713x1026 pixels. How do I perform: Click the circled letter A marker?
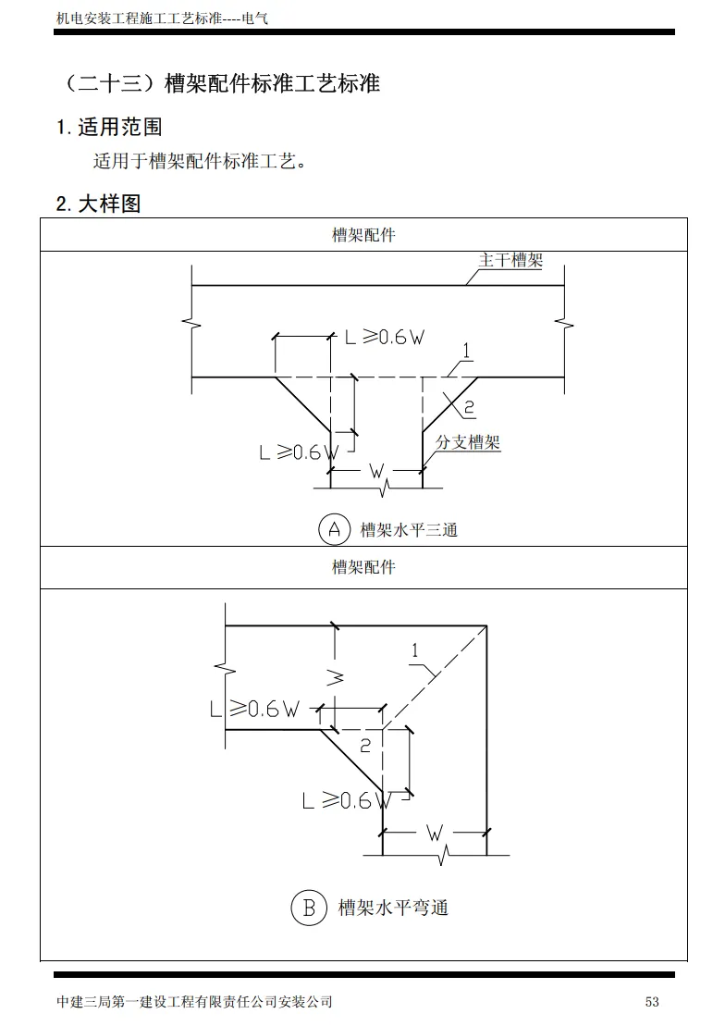(x=334, y=529)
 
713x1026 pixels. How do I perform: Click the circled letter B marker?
(x=308, y=908)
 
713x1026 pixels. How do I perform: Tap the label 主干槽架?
(x=510, y=260)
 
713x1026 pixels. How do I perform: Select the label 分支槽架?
(x=468, y=442)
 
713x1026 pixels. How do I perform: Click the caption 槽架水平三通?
(x=409, y=530)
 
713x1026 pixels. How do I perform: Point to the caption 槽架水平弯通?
(x=393, y=908)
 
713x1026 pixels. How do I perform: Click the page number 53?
(x=652, y=1002)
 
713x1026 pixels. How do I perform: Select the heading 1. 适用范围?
(x=109, y=127)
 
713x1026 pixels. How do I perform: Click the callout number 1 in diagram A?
(x=467, y=351)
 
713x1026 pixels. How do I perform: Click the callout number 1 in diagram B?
(x=415, y=651)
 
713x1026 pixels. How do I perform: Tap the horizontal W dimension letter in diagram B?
(x=435, y=833)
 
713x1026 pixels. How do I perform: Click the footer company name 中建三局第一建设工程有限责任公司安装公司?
(x=194, y=1002)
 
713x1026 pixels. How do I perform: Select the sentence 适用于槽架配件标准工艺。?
(x=200, y=162)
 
